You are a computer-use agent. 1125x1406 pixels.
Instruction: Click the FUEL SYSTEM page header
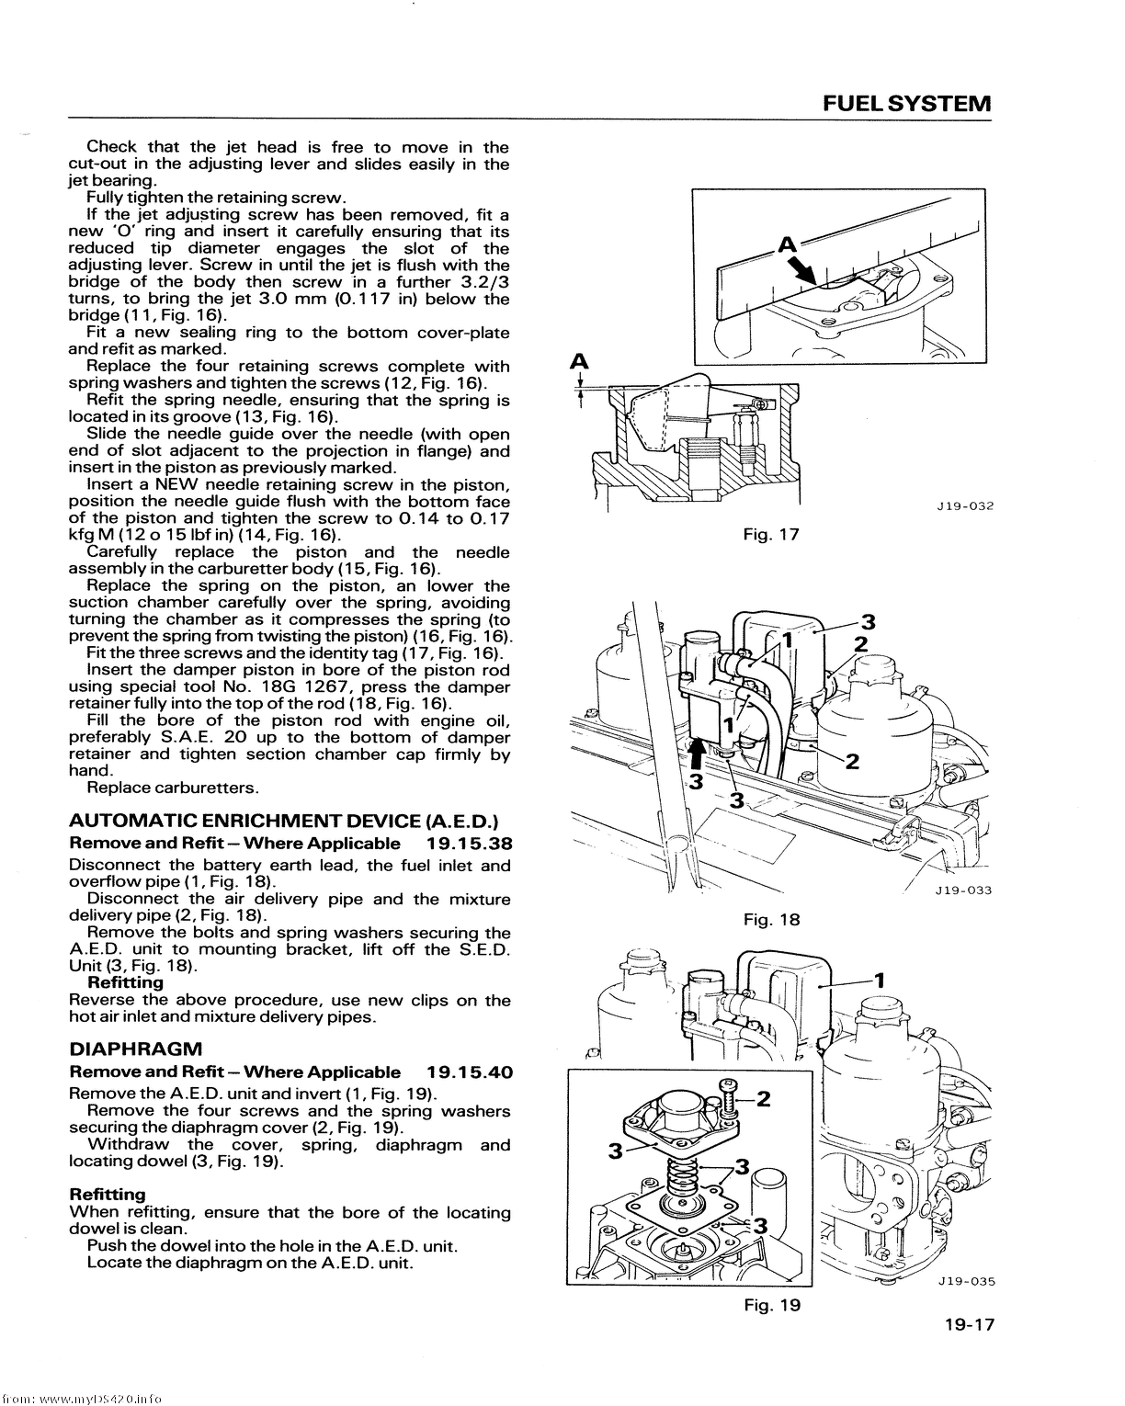(x=906, y=103)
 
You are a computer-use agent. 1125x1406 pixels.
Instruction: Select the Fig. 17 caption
(x=772, y=534)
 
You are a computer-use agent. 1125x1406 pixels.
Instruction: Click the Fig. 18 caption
(x=772, y=919)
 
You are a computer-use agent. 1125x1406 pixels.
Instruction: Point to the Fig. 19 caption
(x=772, y=1305)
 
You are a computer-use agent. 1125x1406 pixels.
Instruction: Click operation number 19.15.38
(x=470, y=844)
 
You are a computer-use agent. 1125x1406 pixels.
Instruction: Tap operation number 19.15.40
(x=470, y=1072)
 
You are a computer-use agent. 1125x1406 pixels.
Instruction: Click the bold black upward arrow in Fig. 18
(x=699, y=754)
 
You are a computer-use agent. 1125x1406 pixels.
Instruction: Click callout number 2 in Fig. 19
(x=761, y=1098)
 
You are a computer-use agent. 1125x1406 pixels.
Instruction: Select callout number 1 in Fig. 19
(x=878, y=980)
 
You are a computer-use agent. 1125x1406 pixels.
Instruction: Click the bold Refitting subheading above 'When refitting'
(x=108, y=1195)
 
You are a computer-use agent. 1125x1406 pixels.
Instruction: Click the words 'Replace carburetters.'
(x=173, y=788)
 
